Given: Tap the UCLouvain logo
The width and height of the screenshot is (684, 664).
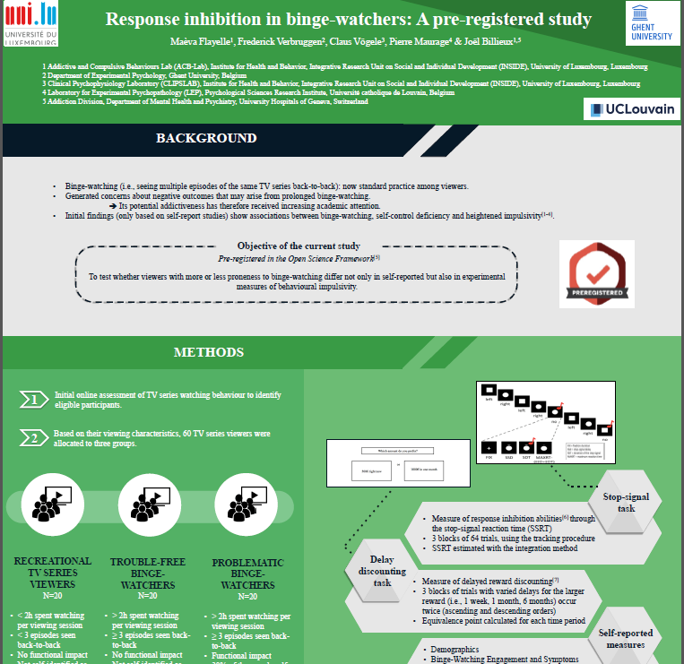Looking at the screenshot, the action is pyautogui.click(x=632, y=109).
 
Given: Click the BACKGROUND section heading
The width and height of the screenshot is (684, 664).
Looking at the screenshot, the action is pyautogui.click(x=206, y=138).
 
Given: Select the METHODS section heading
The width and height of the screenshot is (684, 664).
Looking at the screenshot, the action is pyautogui.click(x=208, y=352).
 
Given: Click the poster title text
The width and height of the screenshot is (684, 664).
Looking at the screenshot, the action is pyautogui.click(x=349, y=19).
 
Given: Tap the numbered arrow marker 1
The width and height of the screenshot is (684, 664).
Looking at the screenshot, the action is pyautogui.click(x=31, y=399).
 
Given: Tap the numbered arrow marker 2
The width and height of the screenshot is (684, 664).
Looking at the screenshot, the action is pyautogui.click(x=31, y=438).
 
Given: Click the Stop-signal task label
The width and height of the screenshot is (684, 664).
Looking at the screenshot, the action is pyautogui.click(x=625, y=501).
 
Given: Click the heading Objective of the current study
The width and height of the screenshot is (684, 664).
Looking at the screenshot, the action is pyautogui.click(x=299, y=246).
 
